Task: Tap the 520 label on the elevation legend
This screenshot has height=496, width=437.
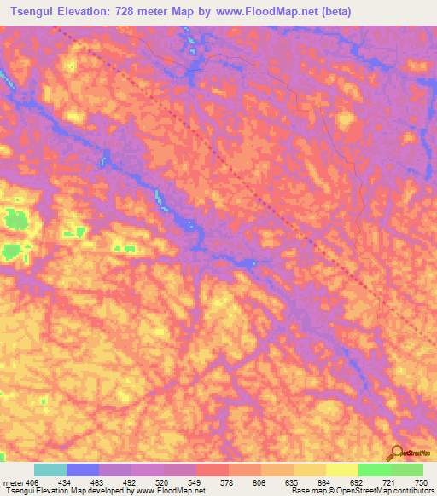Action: (x=164, y=482)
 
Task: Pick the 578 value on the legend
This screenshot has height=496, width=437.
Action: (x=229, y=482)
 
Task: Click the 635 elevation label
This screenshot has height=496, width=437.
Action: (x=294, y=482)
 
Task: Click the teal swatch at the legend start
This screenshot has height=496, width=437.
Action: (x=50, y=470)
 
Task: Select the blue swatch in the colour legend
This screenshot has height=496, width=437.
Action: (x=83, y=470)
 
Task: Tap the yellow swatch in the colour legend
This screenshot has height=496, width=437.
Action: (x=342, y=470)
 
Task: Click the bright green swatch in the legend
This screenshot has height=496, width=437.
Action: (x=375, y=470)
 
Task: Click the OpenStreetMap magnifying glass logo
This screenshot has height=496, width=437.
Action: (x=396, y=453)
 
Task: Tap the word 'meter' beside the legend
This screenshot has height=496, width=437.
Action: (x=12, y=482)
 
